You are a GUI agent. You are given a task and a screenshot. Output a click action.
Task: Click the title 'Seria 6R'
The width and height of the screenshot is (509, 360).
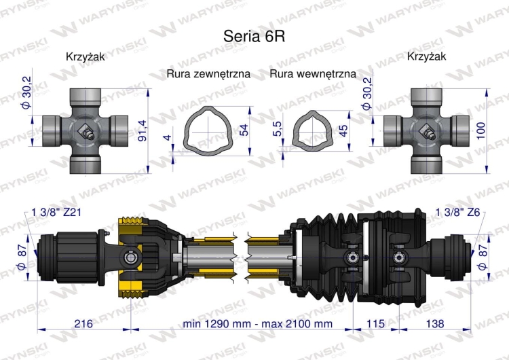(x=254, y=36)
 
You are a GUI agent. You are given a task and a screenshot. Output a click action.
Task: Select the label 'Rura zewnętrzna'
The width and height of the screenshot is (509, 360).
(x=208, y=73)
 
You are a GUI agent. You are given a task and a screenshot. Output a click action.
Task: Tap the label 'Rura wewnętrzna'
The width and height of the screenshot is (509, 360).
(x=312, y=73)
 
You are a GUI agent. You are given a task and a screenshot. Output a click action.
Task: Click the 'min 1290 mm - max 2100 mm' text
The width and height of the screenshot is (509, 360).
(x=258, y=324)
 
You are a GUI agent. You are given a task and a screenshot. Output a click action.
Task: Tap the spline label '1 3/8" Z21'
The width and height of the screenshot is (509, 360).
(x=58, y=213)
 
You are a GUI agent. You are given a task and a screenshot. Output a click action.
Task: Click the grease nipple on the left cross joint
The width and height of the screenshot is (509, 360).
(x=86, y=132)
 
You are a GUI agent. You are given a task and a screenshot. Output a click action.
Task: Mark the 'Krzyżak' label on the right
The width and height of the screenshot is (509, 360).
(x=426, y=57)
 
